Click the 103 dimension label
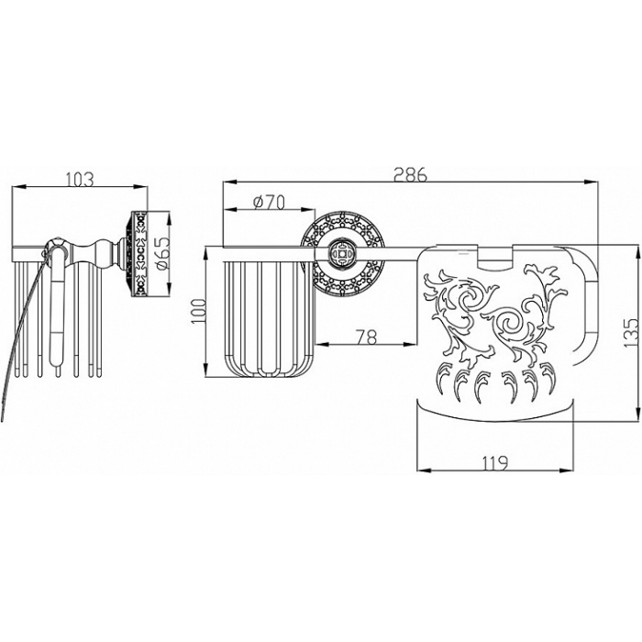80,179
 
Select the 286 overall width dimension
410,174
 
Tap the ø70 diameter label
269,202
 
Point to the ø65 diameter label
161,252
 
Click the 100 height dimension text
199,311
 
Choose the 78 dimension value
367,337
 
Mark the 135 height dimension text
631,332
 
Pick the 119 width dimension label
494,462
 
